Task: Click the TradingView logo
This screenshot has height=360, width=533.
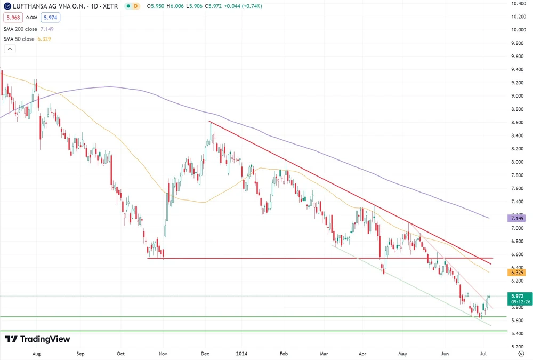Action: pos(37,339)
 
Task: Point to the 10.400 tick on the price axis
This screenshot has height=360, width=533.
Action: pos(519,3)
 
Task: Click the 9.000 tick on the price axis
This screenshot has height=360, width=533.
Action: pos(519,96)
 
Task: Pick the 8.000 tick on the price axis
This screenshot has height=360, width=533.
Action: pos(519,162)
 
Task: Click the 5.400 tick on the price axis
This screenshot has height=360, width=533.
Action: pos(519,334)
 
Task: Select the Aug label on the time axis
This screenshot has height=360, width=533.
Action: pos(36,353)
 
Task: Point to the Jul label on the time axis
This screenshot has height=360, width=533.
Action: pos(483,353)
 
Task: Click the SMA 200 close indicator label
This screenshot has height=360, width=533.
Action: pos(19,29)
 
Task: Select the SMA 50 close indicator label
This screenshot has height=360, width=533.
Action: pos(18,39)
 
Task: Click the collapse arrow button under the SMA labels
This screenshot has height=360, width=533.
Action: pos(10,49)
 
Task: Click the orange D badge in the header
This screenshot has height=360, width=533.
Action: pos(136,6)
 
